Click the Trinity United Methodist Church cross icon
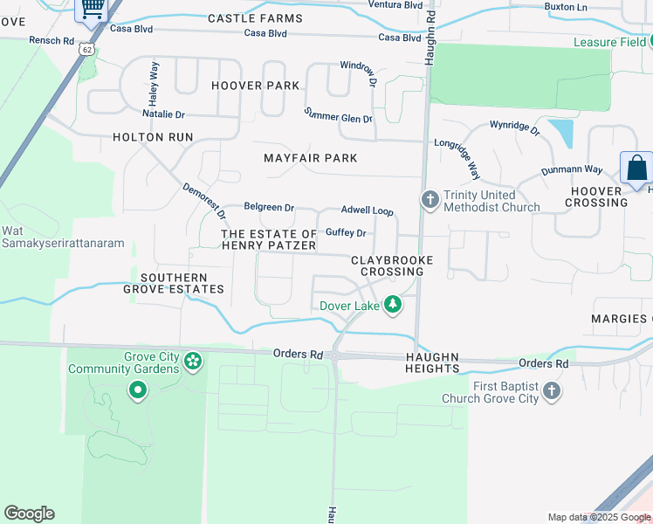(x=430, y=200)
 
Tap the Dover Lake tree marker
(x=394, y=305)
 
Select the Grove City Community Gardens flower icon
(x=193, y=360)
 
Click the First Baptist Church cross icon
(x=551, y=390)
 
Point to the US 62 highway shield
(x=86, y=50)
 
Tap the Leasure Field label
(x=609, y=42)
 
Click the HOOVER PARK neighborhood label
(x=255, y=86)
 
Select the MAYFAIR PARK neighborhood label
(x=311, y=158)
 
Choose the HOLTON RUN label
(x=152, y=137)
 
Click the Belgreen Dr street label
(x=269, y=208)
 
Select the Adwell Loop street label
(x=367, y=211)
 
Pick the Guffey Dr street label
(x=345, y=233)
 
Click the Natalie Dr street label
(x=163, y=114)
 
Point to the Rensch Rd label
(x=52, y=41)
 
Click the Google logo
(x=29, y=514)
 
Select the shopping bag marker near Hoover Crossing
(x=636, y=169)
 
